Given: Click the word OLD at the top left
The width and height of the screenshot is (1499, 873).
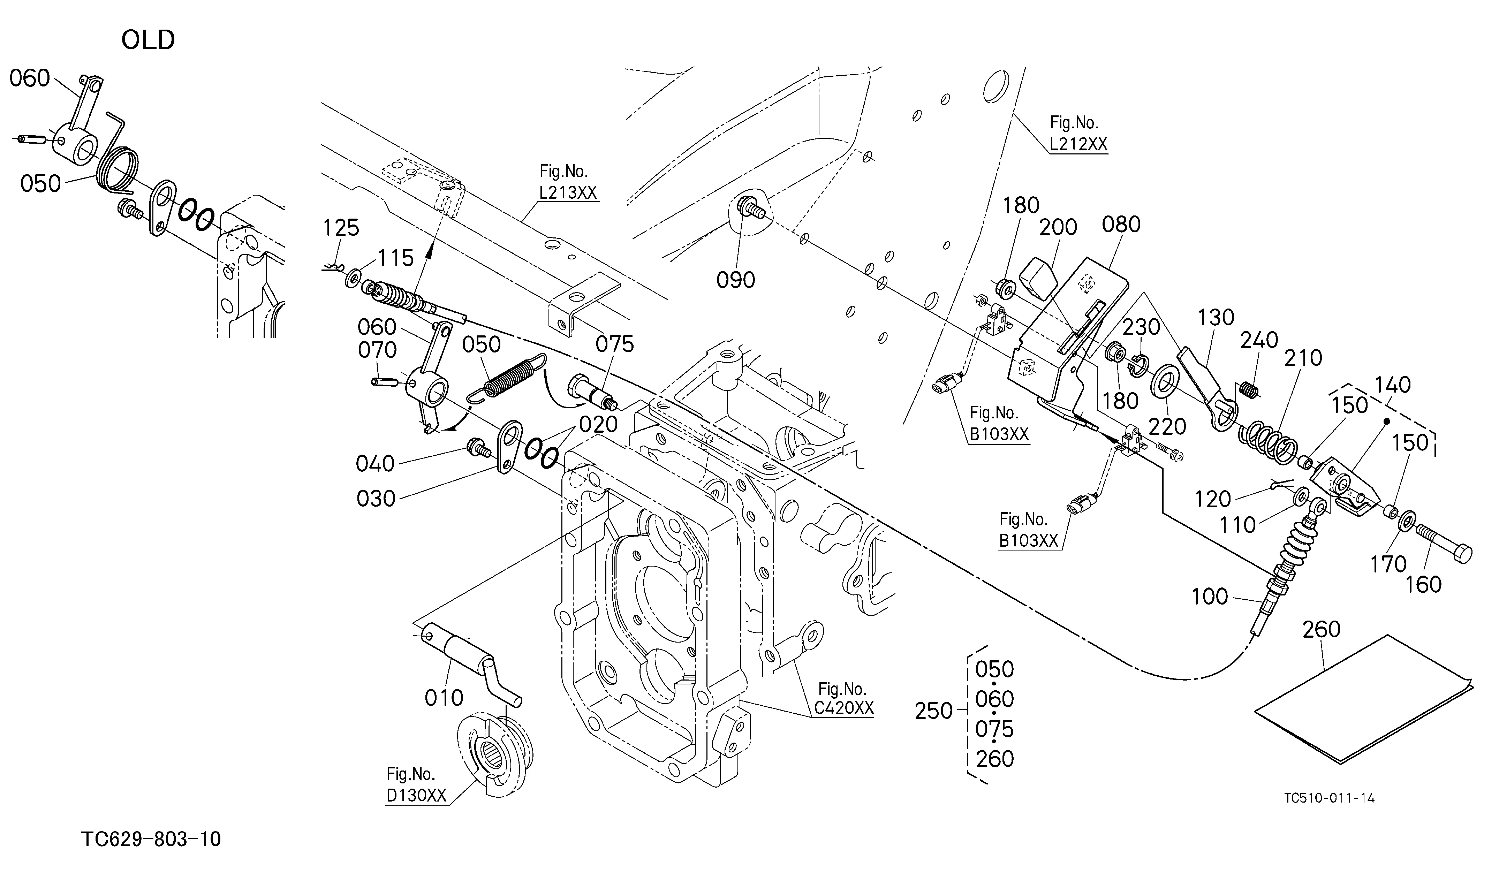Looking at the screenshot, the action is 148,40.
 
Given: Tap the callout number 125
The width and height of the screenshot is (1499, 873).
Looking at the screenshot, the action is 341,227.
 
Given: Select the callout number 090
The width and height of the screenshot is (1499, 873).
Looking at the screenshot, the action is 736,280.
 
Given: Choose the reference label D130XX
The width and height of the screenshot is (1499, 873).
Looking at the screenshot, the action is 416,796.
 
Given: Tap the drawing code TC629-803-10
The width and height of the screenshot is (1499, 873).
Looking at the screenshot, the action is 151,839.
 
